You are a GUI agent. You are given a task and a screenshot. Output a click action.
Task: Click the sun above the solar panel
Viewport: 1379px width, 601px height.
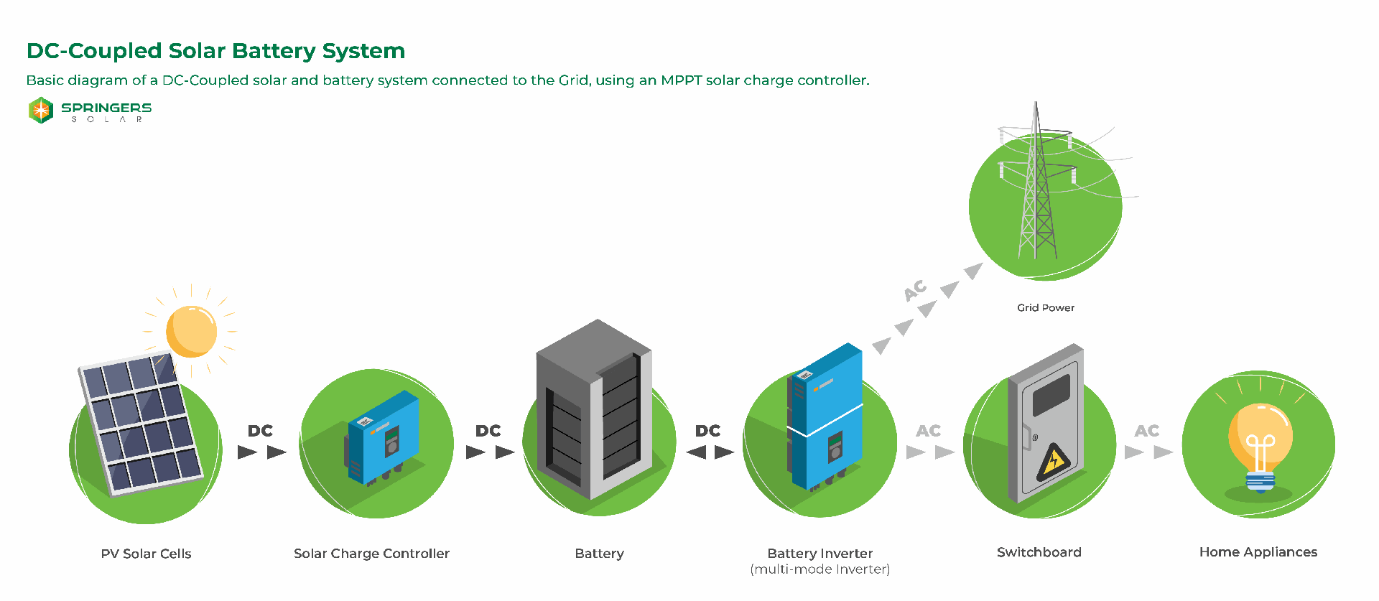click(191, 331)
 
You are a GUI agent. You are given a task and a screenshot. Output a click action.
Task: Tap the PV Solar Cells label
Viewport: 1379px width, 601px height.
click(146, 554)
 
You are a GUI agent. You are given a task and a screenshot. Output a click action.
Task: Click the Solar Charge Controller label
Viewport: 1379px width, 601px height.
click(371, 554)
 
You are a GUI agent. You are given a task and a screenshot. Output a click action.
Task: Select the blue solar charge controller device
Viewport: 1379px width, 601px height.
click(383, 437)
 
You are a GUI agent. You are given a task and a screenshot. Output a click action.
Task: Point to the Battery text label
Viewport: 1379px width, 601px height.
click(599, 554)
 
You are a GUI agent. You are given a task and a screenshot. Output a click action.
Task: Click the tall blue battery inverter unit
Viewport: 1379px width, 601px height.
click(825, 416)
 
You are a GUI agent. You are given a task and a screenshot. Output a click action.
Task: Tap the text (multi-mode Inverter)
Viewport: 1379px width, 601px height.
click(819, 569)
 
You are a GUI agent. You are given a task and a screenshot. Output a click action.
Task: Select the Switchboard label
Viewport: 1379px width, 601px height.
click(1039, 552)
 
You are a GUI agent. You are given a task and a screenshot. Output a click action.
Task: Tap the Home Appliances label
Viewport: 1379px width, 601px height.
click(1258, 552)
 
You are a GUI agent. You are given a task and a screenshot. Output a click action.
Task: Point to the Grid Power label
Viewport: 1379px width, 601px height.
click(1045, 307)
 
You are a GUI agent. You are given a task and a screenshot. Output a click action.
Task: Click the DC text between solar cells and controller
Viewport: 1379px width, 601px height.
click(260, 431)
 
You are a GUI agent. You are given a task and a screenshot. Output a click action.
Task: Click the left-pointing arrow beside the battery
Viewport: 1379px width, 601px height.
click(697, 452)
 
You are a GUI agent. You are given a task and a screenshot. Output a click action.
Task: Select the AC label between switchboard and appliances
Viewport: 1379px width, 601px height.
click(1146, 431)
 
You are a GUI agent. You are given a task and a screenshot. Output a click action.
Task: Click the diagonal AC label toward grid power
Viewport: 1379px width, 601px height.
click(916, 290)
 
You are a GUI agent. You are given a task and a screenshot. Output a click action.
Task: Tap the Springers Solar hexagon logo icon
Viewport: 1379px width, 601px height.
click(41, 110)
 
